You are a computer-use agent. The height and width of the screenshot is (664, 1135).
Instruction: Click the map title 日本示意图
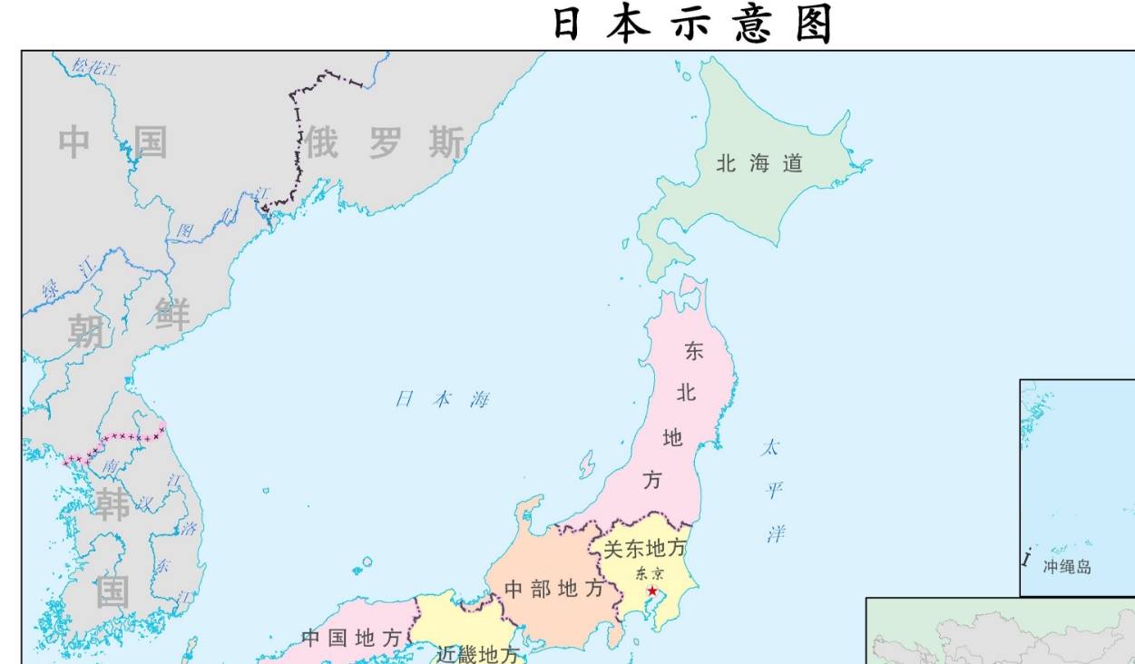(692, 24)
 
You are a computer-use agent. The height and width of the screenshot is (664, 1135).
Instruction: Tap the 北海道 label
(759, 164)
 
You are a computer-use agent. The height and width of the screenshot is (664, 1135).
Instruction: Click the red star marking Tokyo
(651, 591)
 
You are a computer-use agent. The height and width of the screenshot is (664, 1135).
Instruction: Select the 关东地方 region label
(645, 549)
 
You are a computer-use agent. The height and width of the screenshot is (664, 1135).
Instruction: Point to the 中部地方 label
(553, 589)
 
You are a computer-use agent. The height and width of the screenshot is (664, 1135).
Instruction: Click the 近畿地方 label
(477, 654)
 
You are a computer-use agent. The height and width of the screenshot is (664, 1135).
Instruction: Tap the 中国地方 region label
(351, 639)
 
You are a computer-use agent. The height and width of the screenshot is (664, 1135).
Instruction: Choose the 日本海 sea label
(442, 399)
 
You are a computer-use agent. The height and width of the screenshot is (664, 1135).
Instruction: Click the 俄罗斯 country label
(384, 142)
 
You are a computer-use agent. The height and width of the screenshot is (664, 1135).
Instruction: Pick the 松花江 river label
(96, 67)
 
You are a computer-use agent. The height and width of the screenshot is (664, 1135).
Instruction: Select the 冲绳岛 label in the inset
(1067, 567)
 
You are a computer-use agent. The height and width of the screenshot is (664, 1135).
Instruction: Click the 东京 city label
(649, 573)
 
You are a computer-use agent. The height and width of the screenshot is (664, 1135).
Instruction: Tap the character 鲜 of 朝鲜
(171, 314)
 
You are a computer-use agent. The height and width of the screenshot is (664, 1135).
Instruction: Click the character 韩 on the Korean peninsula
(113, 504)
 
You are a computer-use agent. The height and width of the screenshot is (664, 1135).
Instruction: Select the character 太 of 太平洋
(770, 447)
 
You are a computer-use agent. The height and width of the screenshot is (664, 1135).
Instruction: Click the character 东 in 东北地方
(694, 352)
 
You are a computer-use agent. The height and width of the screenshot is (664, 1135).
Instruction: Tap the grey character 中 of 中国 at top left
(74, 142)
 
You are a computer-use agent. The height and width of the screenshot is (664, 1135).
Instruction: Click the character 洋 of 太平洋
(776, 533)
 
